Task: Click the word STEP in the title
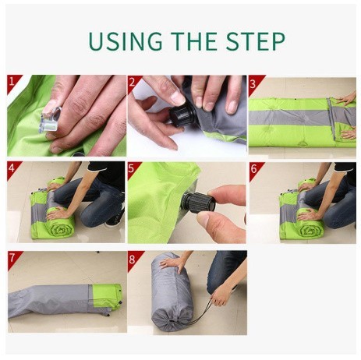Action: [256, 41]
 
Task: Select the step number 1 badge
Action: [13, 83]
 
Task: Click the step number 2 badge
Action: [133, 83]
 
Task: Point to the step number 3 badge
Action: [254, 83]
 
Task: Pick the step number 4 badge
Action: [12, 169]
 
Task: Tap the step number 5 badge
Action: [133, 169]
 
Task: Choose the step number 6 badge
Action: [255, 169]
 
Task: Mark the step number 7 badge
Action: [13, 259]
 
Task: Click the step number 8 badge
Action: [133, 259]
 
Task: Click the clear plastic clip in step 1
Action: [51, 121]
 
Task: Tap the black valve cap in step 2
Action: [182, 116]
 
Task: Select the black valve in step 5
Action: [198, 203]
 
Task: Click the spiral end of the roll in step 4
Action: [61, 228]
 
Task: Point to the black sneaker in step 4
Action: [115, 217]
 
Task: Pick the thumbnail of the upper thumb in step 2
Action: [178, 98]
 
